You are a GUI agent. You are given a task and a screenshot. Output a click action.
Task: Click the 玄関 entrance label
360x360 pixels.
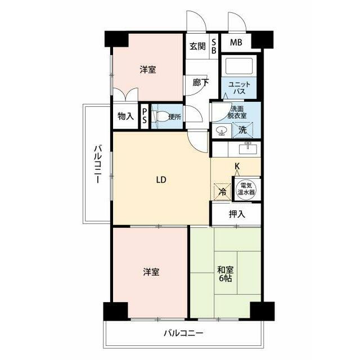pos(197,46)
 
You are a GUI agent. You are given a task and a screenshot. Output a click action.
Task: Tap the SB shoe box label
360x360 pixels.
pos(214,46)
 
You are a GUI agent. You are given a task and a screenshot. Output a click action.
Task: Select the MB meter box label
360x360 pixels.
pos(236,43)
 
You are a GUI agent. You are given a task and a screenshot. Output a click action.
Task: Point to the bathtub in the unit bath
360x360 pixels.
pos(238,66)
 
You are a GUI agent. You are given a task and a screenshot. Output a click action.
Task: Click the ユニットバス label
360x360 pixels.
pos(239,88)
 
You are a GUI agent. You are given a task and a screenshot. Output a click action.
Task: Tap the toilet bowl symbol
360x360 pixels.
pos(162,116)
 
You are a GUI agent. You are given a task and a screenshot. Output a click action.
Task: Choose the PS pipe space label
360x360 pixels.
pos(145,116)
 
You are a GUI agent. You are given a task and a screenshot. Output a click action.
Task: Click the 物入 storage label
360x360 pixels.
pos(125,116)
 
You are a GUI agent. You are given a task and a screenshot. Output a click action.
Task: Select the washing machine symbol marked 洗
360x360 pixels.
pos(242,130)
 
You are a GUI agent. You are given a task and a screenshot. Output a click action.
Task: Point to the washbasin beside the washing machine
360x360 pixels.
pos(222,131)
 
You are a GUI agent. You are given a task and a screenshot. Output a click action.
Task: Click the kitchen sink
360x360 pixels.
pos(247,148)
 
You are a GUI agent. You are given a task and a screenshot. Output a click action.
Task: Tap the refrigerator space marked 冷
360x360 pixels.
pos(222,192)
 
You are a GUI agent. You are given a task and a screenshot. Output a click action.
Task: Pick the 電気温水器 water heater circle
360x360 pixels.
pos(246,189)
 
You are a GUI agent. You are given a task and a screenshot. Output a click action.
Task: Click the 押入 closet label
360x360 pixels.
pos(237,214)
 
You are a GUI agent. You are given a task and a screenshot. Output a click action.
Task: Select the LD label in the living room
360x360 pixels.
pos(161,180)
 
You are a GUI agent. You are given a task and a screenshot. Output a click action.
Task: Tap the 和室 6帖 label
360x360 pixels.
pos(225,274)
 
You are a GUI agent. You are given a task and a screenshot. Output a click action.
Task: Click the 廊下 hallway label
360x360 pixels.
pos(201,83)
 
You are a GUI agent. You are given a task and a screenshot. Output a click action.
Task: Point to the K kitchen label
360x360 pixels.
pos(237,166)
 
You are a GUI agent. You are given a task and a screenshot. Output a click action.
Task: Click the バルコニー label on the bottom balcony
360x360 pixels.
pos(183,333)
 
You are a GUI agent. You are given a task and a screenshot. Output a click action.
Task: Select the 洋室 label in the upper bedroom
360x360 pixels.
pos(148,70)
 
